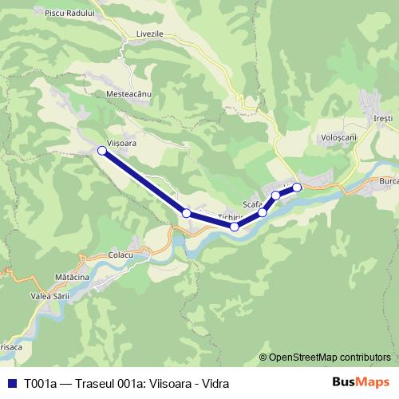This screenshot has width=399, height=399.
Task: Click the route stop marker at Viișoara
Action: click(x=102, y=150)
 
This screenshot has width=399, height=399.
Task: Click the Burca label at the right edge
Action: click(x=389, y=182)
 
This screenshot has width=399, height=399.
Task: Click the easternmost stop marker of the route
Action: click(x=297, y=188)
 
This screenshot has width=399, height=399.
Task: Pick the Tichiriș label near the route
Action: click(x=229, y=217)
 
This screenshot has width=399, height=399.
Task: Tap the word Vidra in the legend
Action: click(x=226, y=382)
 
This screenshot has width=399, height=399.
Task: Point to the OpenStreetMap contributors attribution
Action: click(x=330, y=358)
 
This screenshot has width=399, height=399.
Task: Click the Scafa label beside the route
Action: click(x=252, y=204)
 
